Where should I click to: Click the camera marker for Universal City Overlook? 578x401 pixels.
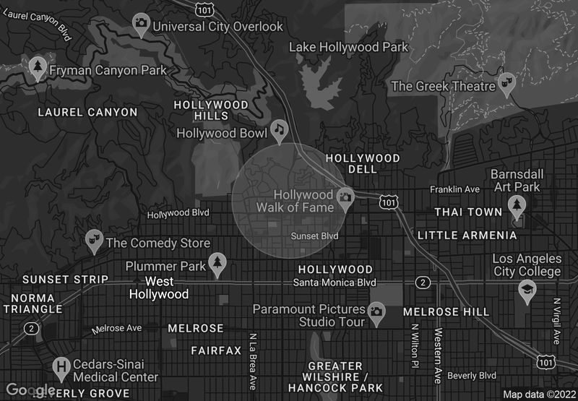pyautogui.click(x=141, y=24)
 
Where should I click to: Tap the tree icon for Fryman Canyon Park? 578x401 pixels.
pyautogui.click(x=37, y=68)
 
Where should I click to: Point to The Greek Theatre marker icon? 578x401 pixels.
pyautogui.click(x=506, y=85)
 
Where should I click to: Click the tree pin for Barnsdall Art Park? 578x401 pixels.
pyautogui.click(x=516, y=206)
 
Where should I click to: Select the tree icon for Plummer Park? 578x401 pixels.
pyautogui.click(x=217, y=263)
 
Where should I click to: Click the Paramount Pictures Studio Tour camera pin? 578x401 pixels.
pyautogui.click(x=376, y=311)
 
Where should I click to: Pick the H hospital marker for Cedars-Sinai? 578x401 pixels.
pyautogui.click(x=62, y=368)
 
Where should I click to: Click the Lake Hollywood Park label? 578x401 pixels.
pyautogui.click(x=348, y=47)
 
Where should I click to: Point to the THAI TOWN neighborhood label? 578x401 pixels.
pyautogui.click(x=467, y=212)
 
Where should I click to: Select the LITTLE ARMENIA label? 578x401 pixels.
pyautogui.click(x=467, y=235)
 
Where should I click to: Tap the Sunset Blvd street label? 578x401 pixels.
pyautogui.click(x=314, y=236)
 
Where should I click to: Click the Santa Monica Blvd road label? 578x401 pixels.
pyautogui.click(x=335, y=282)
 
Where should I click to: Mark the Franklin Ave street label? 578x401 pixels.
pyautogui.click(x=454, y=189)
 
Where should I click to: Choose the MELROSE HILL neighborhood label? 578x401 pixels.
pyautogui.click(x=446, y=311)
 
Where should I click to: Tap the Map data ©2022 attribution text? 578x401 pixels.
pyautogui.click(x=538, y=394)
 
